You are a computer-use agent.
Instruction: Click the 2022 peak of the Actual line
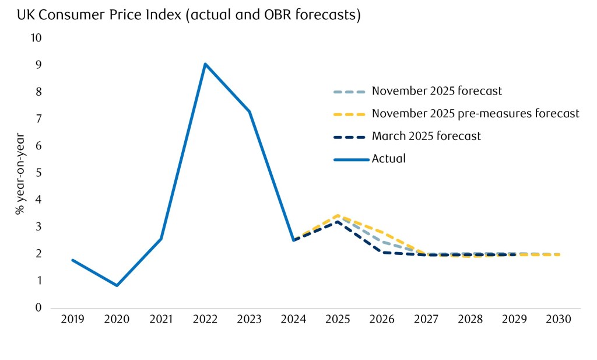click(x=205, y=64)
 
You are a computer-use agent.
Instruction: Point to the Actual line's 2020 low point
click(x=117, y=285)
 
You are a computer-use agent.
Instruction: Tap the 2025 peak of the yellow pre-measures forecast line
click(x=338, y=215)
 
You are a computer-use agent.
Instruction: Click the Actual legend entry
click(x=388, y=158)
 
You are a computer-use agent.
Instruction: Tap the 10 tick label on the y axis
click(x=36, y=38)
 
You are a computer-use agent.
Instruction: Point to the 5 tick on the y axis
click(x=39, y=173)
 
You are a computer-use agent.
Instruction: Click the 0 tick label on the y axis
click(x=39, y=308)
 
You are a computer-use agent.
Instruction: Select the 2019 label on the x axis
click(x=72, y=320)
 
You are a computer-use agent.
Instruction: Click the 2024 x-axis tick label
click(x=293, y=320)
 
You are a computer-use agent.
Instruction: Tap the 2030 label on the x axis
click(x=559, y=320)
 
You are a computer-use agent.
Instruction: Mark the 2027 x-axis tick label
click(x=426, y=320)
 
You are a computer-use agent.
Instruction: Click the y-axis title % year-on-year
click(x=20, y=173)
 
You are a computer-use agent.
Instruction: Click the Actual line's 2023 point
click(x=250, y=111)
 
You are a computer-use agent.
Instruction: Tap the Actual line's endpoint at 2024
click(x=293, y=240)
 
